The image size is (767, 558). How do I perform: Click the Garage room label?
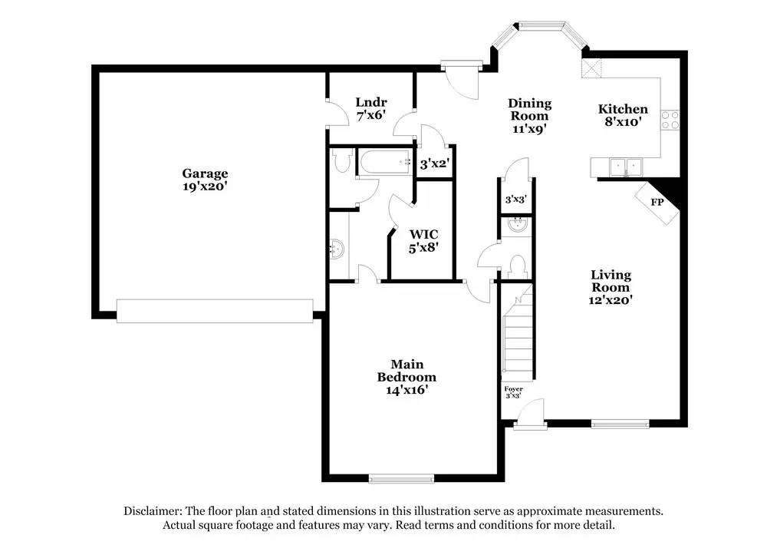(x=205, y=173)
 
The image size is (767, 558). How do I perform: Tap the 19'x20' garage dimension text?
(x=205, y=186)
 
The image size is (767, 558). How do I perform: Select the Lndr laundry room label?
(x=371, y=102)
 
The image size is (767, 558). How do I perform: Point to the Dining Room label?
(x=530, y=110)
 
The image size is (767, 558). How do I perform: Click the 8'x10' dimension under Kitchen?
(x=623, y=121)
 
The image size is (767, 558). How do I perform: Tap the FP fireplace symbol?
(x=657, y=203)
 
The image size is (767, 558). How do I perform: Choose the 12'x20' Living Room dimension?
(x=611, y=300)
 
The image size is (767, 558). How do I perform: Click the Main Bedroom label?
(x=407, y=371)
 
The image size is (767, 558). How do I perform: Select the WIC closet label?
(x=423, y=234)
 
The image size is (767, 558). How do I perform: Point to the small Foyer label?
(x=513, y=389)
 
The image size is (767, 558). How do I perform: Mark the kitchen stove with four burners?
(x=673, y=119)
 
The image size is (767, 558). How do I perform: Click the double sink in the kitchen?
(x=625, y=165)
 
